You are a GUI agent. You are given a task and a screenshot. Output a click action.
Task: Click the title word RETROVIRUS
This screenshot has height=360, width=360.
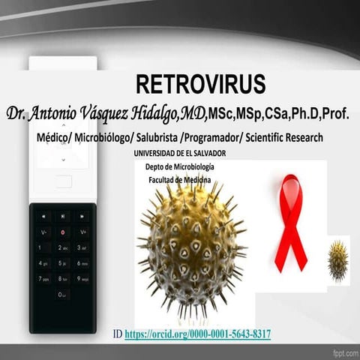(200, 83)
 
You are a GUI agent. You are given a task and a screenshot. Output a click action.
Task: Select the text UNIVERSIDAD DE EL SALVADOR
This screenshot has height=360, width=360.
(179, 153)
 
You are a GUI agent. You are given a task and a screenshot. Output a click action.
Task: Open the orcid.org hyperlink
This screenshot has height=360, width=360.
(197, 333)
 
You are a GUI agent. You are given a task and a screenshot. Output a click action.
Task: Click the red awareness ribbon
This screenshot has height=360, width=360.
(290, 222)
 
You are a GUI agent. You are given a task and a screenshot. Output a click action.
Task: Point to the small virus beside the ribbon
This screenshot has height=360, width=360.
(337, 261)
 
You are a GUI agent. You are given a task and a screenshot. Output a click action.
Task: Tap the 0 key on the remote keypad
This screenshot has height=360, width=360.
(63, 295)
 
